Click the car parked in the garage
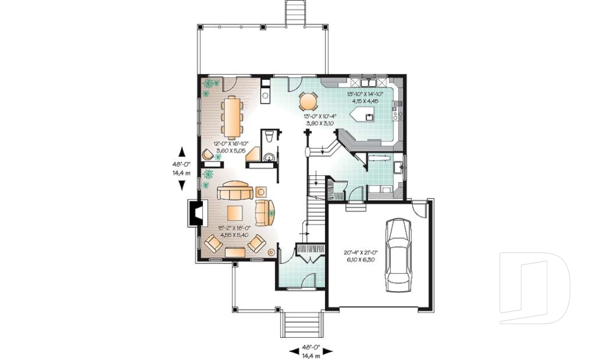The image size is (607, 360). point(398,252)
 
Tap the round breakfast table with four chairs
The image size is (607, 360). point(308,101)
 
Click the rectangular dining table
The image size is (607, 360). point(232,117)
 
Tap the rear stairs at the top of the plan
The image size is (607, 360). point(295,13)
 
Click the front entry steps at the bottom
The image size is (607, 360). point(302,325)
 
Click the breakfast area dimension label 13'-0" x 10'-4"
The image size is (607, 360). point(319,120)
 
